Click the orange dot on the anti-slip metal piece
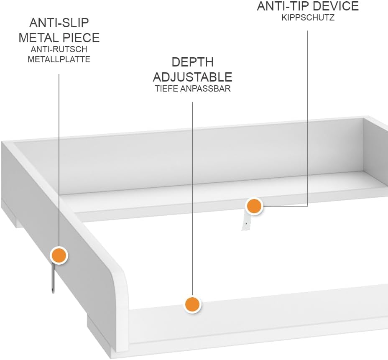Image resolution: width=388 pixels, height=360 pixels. point(59,255)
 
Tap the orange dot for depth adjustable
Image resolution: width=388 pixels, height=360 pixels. point(192,304)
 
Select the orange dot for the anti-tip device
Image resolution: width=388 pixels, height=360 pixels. point(254,206)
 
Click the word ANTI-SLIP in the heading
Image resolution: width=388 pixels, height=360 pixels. point(59,23)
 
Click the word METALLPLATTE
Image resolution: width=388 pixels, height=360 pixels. point(59,59)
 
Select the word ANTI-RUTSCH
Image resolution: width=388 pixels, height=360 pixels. point(59,49)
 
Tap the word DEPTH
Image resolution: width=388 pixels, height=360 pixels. point(192,62)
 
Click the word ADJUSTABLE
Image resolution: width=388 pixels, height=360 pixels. point(192,77)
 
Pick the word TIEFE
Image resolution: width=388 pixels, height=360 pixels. point(166,89)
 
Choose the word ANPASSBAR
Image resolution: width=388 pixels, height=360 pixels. point(205,89)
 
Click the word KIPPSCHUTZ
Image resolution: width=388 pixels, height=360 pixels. point(308,18)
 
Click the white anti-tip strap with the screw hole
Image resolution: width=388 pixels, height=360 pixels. point(246,222)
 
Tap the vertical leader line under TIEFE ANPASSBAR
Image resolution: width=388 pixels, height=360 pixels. point(192,199)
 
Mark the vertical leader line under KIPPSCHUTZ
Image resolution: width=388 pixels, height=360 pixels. point(308,118)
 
